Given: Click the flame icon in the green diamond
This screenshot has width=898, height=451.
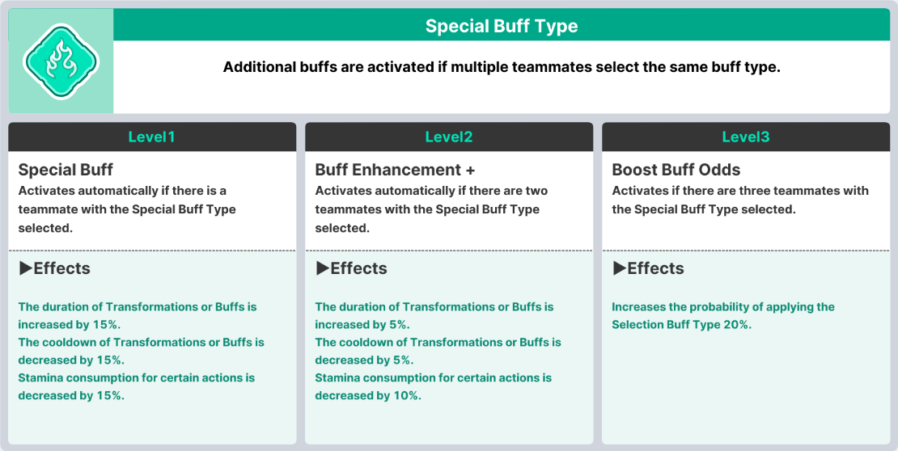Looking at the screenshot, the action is pyautogui.click(x=61, y=61).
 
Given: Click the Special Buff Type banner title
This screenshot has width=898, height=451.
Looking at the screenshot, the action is pyautogui.click(x=502, y=26).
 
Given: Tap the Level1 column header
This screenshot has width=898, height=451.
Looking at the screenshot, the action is pyautogui.click(x=152, y=137).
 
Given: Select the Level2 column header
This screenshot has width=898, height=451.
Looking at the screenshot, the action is pyautogui.click(x=449, y=137).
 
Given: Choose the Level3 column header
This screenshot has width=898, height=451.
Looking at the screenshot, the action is pyautogui.click(x=746, y=137).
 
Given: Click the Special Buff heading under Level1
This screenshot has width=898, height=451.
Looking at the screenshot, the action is pyautogui.click(x=66, y=170).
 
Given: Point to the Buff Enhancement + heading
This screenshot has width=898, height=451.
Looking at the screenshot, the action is pyautogui.click(x=395, y=170).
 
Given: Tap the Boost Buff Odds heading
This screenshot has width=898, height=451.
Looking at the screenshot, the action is pyautogui.click(x=676, y=170).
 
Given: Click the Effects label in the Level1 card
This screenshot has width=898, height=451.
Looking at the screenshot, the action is pyautogui.click(x=61, y=268).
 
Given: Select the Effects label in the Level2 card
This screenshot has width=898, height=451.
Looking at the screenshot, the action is pyautogui.click(x=358, y=268).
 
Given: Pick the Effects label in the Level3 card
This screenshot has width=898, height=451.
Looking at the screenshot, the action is pyautogui.click(x=655, y=268).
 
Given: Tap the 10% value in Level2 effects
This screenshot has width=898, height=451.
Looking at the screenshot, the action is pyautogui.click(x=407, y=395).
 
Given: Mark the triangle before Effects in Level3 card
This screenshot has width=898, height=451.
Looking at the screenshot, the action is pyautogui.click(x=619, y=268).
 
